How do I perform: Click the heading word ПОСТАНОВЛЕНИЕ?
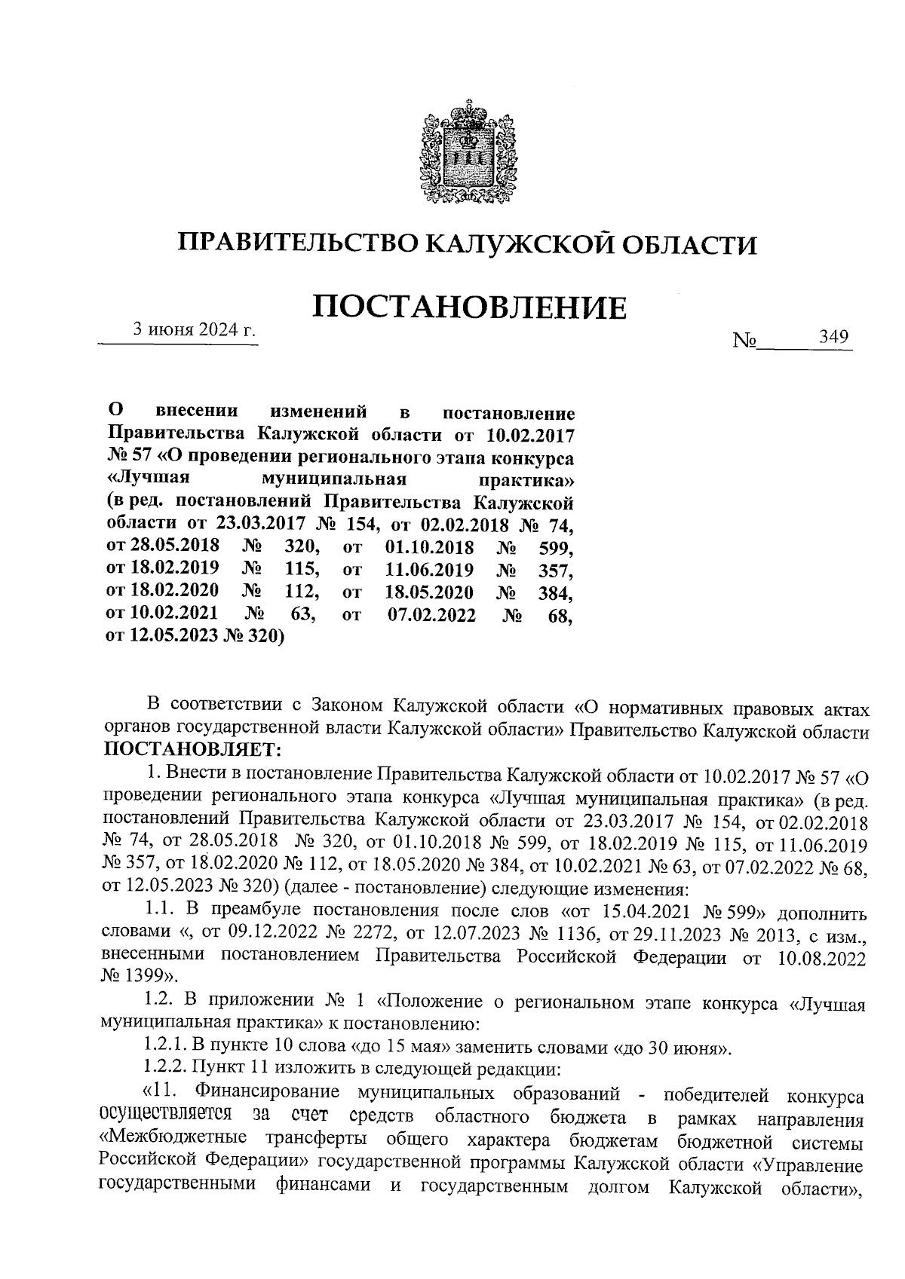click(x=469, y=308)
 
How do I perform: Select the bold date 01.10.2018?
click(x=429, y=546)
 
